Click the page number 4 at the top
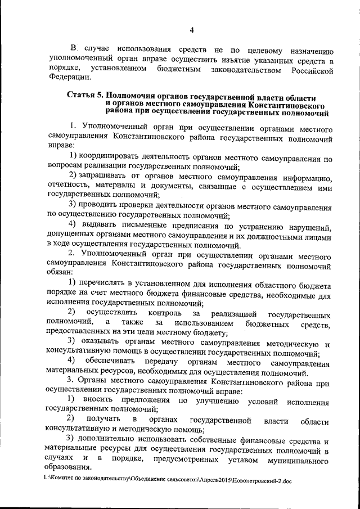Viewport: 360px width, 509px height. coord(191,30)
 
